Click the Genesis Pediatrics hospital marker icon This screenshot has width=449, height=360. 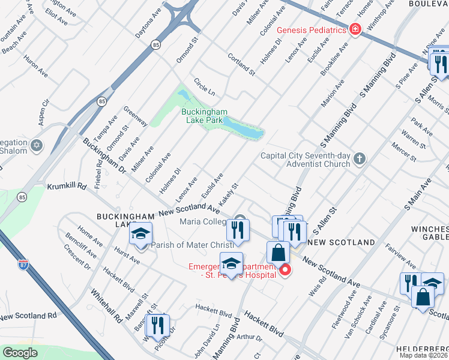(x=355, y=29)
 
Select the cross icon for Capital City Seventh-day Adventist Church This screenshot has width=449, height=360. (x=360, y=158)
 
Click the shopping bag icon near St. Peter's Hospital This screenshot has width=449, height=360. (x=278, y=252)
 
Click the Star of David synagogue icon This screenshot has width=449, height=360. (x=37, y=146)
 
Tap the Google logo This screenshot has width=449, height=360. (x=20, y=353)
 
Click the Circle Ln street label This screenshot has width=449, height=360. (x=204, y=86)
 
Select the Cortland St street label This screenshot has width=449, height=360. (x=241, y=65)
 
